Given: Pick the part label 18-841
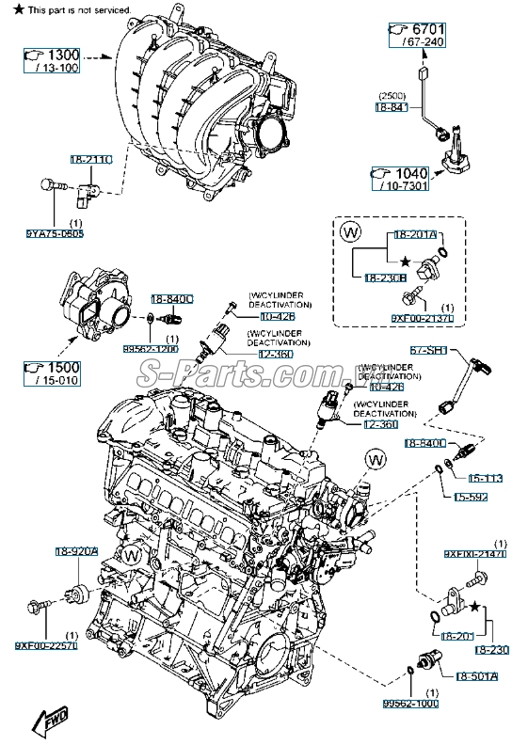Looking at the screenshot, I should [x=392, y=108].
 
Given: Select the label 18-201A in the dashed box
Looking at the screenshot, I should [x=415, y=233].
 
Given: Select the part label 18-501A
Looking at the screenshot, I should [x=477, y=675].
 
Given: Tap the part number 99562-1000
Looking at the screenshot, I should [x=411, y=703].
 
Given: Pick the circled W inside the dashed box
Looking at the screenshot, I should [x=350, y=230].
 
